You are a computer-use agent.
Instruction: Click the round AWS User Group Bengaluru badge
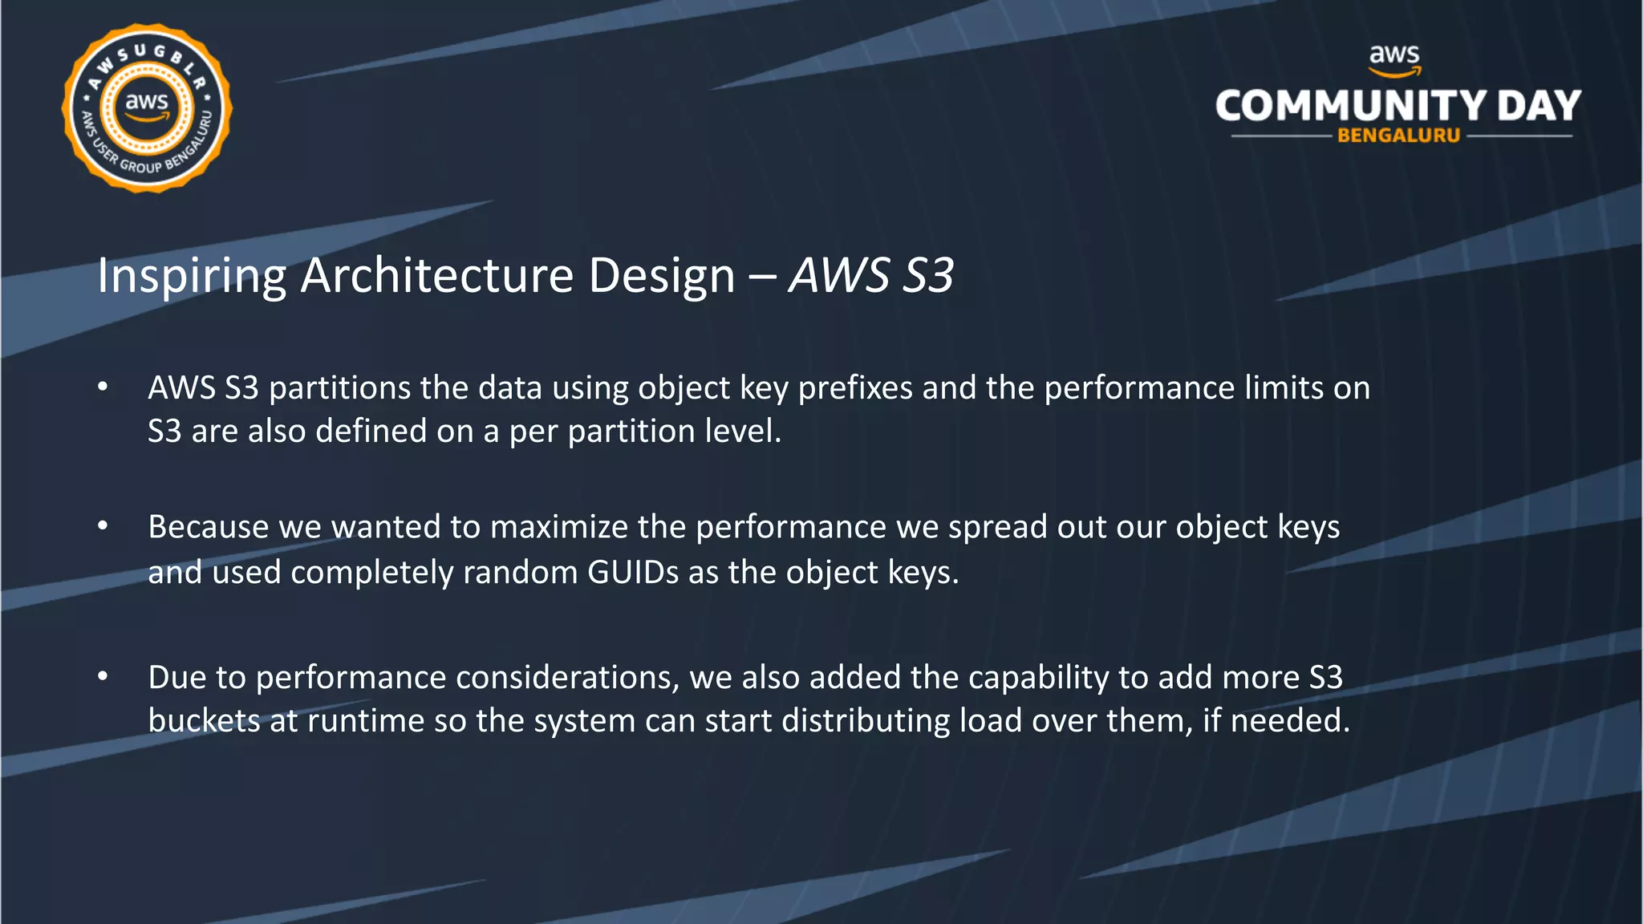pyautogui.click(x=147, y=108)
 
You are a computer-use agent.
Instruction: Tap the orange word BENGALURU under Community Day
pyautogui.click(x=1398, y=136)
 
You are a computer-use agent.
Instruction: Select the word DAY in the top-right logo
pyautogui.click(x=1539, y=106)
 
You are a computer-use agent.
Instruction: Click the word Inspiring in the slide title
pyautogui.click(x=191, y=277)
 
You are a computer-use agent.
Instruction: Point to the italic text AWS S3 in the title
pyautogui.click(x=871, y=275)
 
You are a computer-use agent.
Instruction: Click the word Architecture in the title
pyautogui.click(x=437, y=275)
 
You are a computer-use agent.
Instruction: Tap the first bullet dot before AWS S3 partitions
pyautogui.click(x=103, y=387)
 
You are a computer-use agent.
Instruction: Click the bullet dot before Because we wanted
pyautogui.click(x=103, y=527)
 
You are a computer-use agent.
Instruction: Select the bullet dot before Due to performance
pyautogui.click(x=103, y=677)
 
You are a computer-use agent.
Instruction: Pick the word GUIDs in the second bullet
pyautogui.click(x=633, y=573)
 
